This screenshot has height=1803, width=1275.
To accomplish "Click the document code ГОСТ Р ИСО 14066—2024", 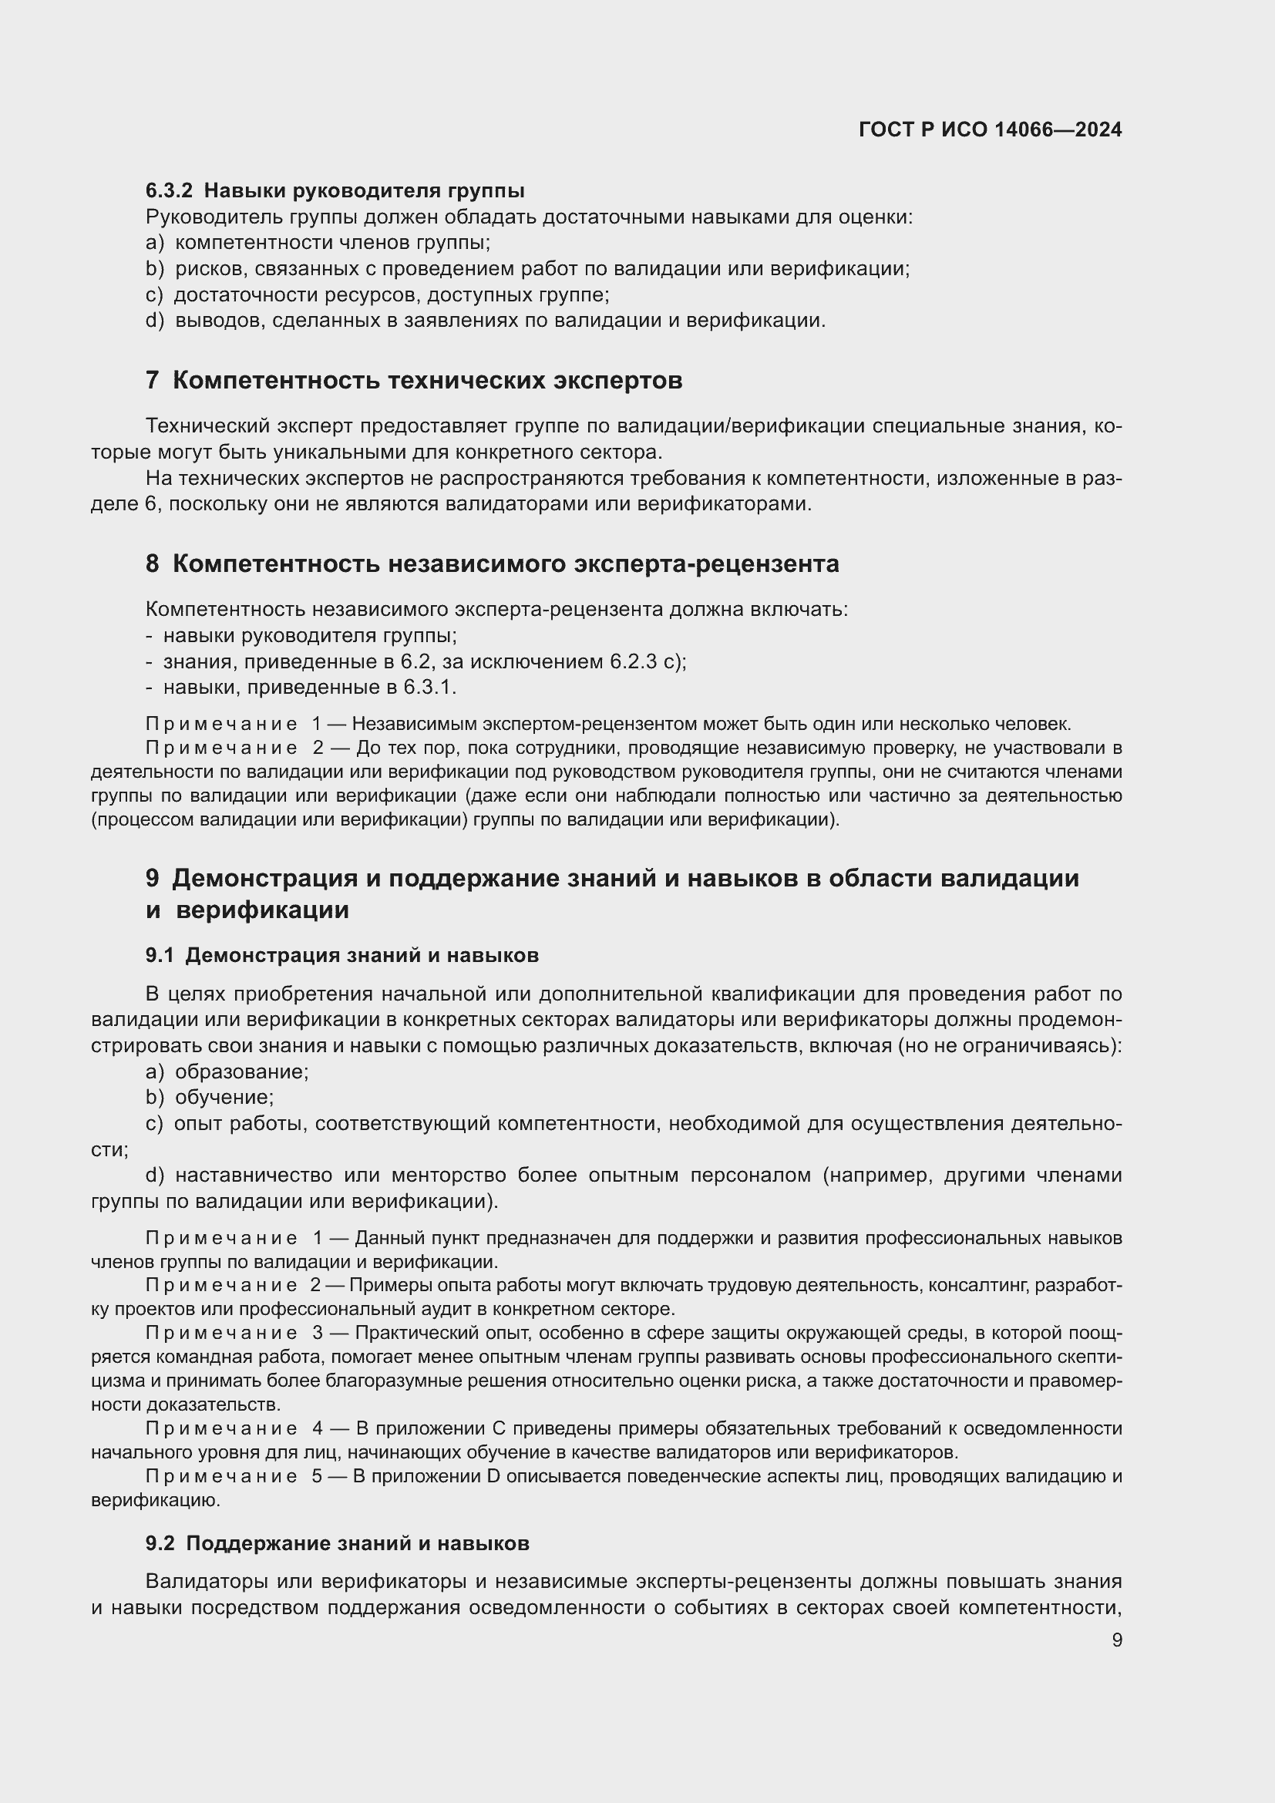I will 990,130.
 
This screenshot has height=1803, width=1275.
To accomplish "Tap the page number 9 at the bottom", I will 1116,1640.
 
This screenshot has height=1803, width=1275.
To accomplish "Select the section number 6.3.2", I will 169,191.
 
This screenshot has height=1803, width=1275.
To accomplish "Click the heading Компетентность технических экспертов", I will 427,381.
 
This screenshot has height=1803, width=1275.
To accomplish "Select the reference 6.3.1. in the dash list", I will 429,687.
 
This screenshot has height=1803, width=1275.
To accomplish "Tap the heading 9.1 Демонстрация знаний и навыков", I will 342,955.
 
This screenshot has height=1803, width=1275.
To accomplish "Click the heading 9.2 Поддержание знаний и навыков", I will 338,1543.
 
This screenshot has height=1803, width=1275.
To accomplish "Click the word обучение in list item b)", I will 224,1097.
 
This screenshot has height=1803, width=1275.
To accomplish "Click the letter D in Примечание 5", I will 493,1475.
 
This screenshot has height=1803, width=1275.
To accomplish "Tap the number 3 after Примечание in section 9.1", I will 317,1333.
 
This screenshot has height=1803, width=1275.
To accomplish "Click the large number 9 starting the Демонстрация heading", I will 153,878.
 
